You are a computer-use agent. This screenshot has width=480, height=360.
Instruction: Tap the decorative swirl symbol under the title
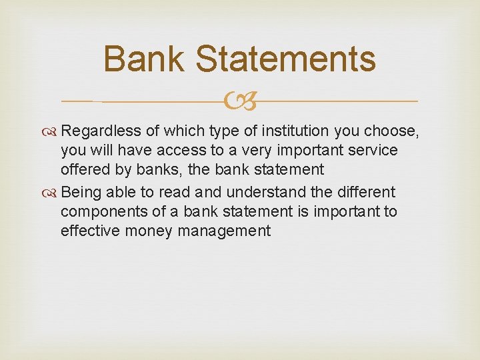pos(239,102)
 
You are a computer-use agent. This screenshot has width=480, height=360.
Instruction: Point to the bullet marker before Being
pos(52,193)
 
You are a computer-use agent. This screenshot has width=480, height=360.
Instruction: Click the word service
pos(373,151)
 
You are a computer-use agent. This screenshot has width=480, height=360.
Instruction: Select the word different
pos(365,193)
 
